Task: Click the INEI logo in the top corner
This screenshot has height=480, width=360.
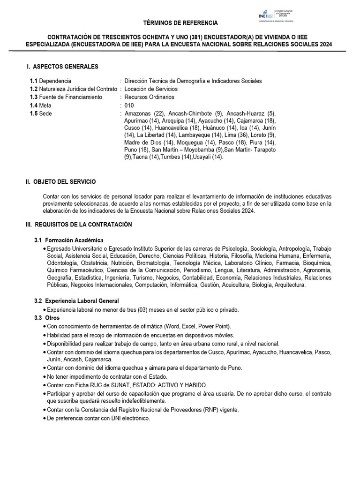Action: click(263, 15)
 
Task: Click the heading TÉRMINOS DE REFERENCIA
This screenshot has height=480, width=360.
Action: click(180, 23)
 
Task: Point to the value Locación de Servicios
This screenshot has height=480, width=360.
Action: click(151, 89)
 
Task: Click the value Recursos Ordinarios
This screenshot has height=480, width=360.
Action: click(149, 97)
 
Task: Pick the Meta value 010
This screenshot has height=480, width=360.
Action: click(129, 105)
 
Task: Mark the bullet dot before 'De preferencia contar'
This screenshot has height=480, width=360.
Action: click(44, 419)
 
